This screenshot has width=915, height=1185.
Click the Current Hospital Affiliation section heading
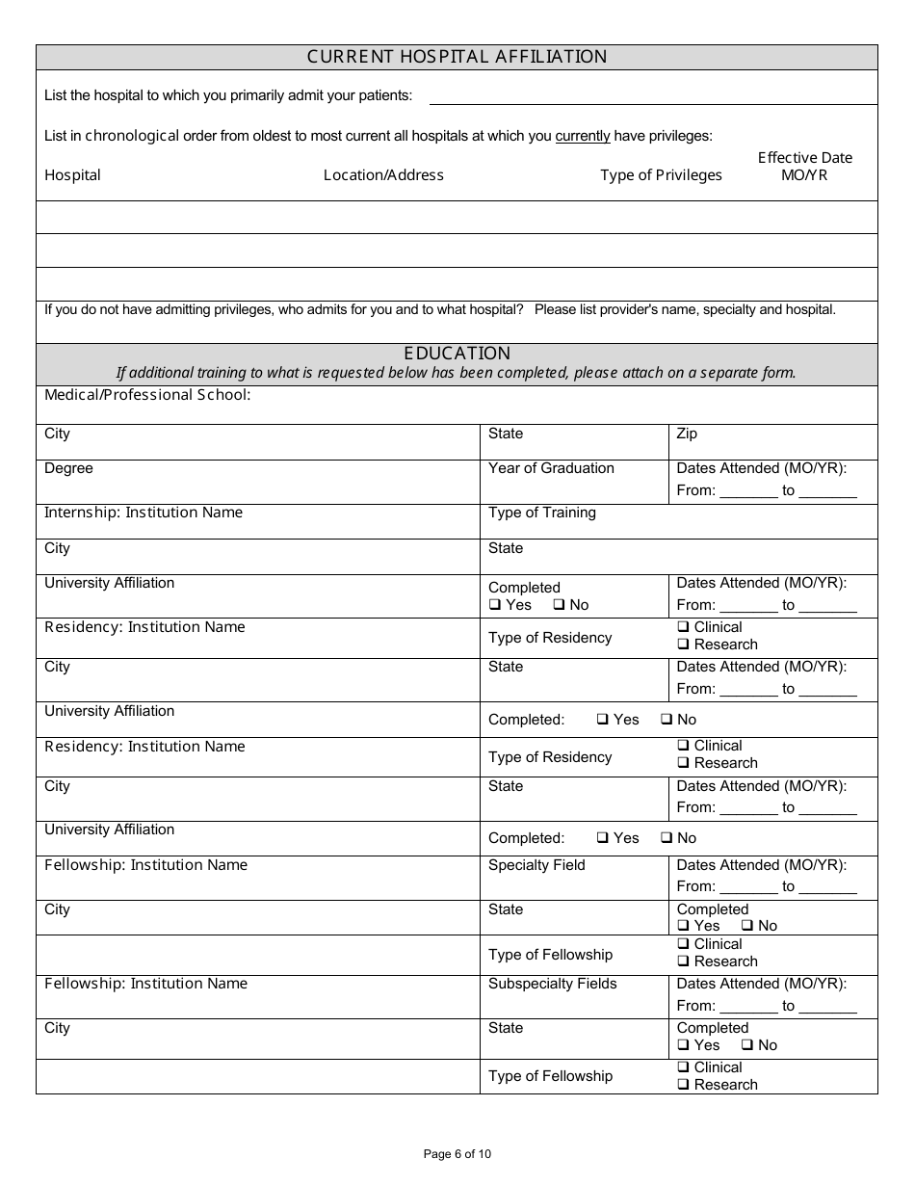pos(457,57)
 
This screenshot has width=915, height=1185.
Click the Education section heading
pos(457,354)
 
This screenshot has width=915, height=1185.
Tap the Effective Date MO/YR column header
pos(804,166)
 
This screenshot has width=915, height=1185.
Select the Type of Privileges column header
pos(661,175)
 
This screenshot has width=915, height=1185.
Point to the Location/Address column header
pos(383,175)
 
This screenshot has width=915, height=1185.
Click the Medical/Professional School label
pos(147,395)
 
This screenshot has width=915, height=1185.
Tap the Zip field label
pos(687,434)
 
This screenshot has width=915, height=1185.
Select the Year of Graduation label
pos(551,468)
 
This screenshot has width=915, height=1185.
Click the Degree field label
pos(68,468)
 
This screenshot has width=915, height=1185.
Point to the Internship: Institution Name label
pos(144,513)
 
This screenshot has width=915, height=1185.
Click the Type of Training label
pos(542,513)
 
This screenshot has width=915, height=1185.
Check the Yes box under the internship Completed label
pos(495,606)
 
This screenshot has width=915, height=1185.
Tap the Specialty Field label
pos(536,865)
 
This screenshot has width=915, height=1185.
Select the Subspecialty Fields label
pos(553,984)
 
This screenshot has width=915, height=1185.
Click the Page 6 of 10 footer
pos(457,1154)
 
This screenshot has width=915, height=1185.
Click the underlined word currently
pos(583,136)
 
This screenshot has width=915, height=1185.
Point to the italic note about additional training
pos(457,373)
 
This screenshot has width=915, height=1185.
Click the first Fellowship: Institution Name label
pos(145,865)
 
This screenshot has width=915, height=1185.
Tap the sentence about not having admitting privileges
pos(283,310)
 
